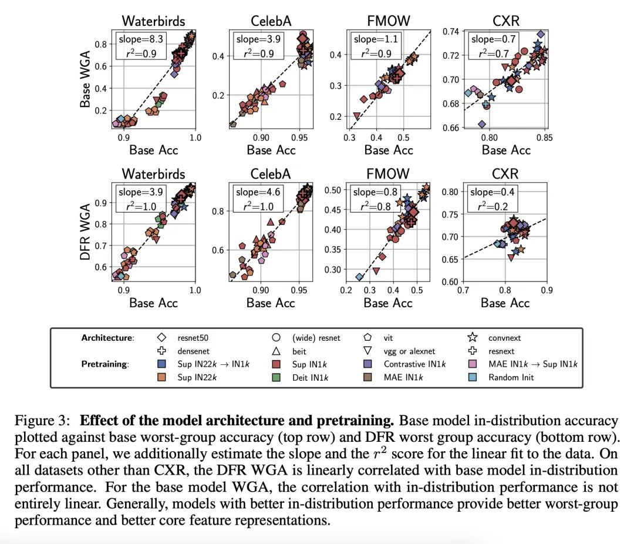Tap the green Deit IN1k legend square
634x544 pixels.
(x=275, y=377)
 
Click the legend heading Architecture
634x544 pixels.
(x=107, y=338)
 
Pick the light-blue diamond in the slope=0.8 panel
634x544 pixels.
(x=359, y=277)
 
